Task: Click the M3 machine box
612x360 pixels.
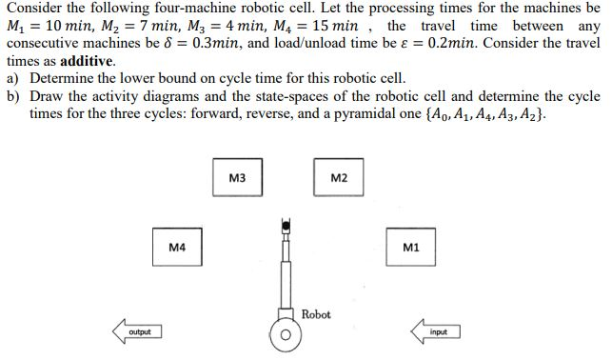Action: [238, 178]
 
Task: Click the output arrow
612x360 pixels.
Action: [136, 331]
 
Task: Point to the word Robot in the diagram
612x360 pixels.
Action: [316, 314]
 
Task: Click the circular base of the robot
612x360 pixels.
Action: [285, 336]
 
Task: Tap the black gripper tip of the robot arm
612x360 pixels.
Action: [284, 226]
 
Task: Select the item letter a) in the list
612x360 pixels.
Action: [12, 77]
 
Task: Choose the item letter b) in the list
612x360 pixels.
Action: [12, 95]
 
